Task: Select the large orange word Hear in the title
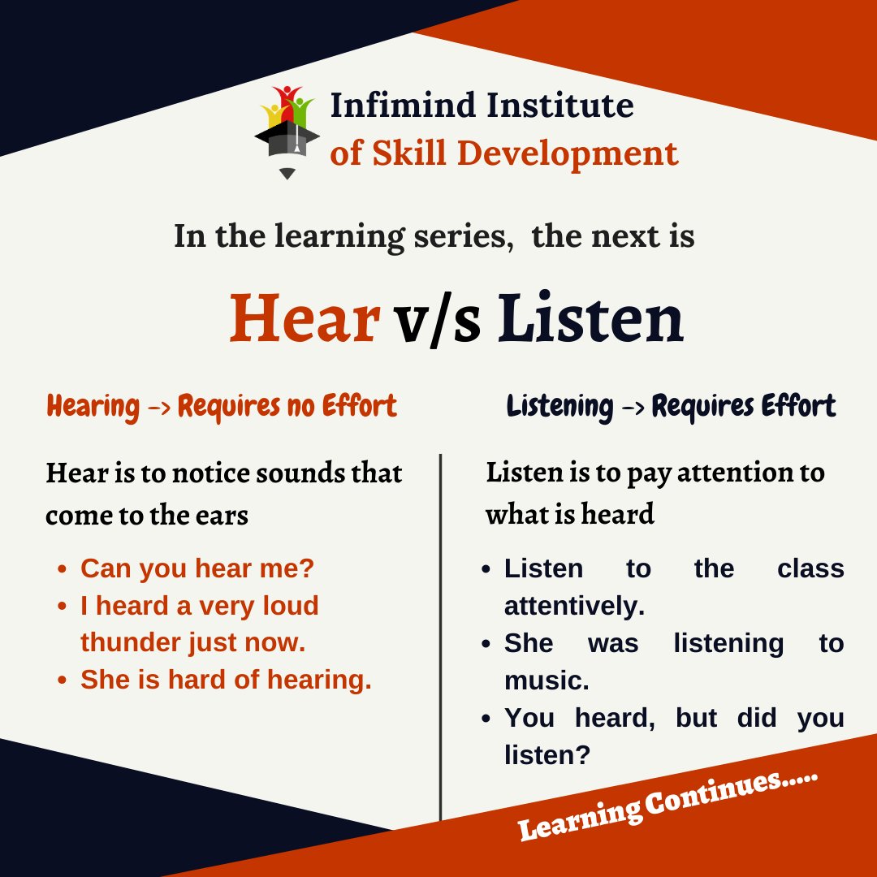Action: pos(305,318)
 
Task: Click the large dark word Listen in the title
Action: pos(590,318)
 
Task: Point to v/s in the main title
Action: pos(438,320)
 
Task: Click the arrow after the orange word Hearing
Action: pos(158,407)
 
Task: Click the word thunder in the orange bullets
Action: pos(131,642)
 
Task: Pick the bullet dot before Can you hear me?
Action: pos(62,569)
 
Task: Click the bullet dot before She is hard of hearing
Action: pos(62,680)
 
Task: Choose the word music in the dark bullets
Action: pos(547,680)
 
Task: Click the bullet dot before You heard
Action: pos(486,719)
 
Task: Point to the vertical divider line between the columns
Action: pos(440,633)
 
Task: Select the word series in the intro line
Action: pos(462,236)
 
